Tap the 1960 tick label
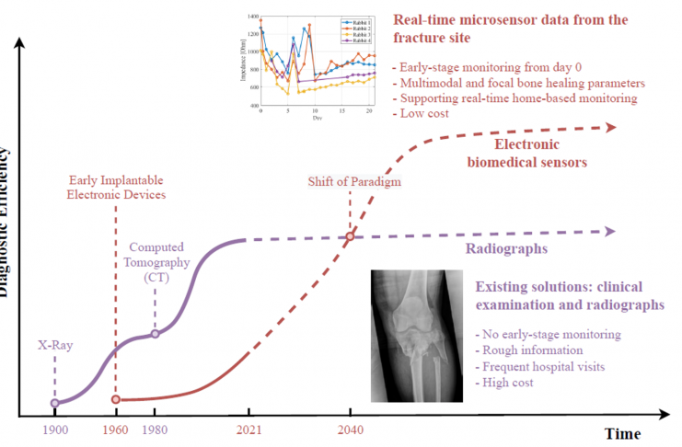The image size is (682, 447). point(116,428)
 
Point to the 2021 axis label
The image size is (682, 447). point(246,428)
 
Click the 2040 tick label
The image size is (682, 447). point(351,428)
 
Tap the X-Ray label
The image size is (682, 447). point(55,346)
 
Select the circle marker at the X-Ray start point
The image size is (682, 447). point(54,402)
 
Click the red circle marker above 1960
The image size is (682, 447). point(116,399)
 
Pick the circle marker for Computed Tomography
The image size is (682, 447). point(155,333)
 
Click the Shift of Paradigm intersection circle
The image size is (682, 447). point(350,237)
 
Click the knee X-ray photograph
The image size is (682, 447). point(413,335)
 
